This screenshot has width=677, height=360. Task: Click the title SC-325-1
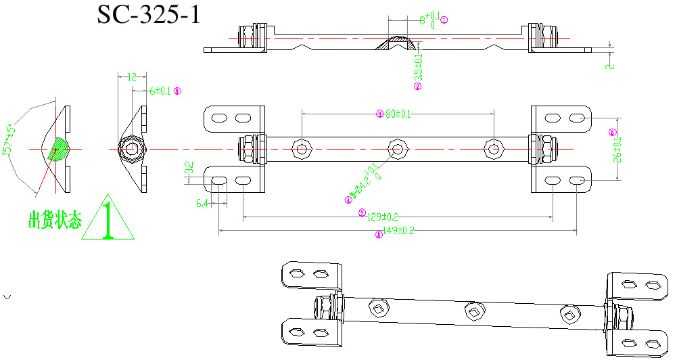(x=149, y=14)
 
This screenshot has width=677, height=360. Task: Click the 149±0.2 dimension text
(x=399, y=231)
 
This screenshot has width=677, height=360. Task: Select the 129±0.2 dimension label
(x=382, y=217)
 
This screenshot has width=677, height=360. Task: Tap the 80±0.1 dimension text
(x=398, y=114)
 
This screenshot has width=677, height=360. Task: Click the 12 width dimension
(x=132, y=77)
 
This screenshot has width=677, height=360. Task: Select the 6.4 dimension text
(x=202, y=203)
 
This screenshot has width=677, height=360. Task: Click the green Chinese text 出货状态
(x=54, y=220)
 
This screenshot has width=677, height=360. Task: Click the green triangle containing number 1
(x=108, y=220)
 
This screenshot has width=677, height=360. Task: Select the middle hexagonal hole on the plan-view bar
(x=398, y=149)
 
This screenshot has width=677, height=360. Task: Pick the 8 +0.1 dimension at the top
(x=427, y=18)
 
